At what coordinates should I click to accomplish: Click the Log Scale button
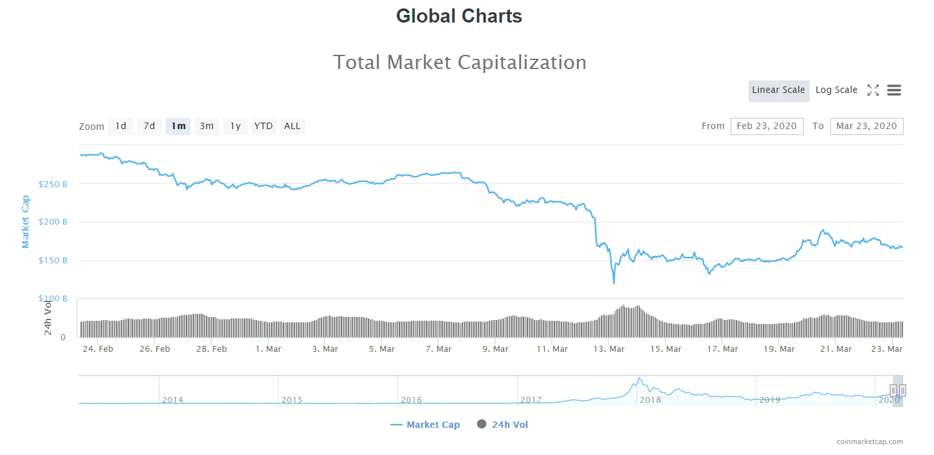836,90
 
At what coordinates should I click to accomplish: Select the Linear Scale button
778,90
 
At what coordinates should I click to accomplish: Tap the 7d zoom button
149,126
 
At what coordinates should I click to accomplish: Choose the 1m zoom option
178,126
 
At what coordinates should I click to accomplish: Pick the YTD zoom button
263,126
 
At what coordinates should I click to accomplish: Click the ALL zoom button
292,126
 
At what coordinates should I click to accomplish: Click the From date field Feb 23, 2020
767,126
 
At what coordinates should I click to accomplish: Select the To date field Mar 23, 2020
866,126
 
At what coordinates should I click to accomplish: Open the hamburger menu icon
894,90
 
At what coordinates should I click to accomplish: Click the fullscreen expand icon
873,90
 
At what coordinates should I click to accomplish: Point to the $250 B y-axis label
54,185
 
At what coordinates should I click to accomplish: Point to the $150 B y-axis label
54,261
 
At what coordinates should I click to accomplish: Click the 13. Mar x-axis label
609,349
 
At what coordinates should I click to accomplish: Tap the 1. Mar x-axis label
268,349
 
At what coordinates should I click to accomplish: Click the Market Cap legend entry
425,425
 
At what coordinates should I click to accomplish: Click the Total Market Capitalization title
460,63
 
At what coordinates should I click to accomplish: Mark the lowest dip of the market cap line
614,283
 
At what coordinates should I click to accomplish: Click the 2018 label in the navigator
650,400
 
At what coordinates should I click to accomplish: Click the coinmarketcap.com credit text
869,442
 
